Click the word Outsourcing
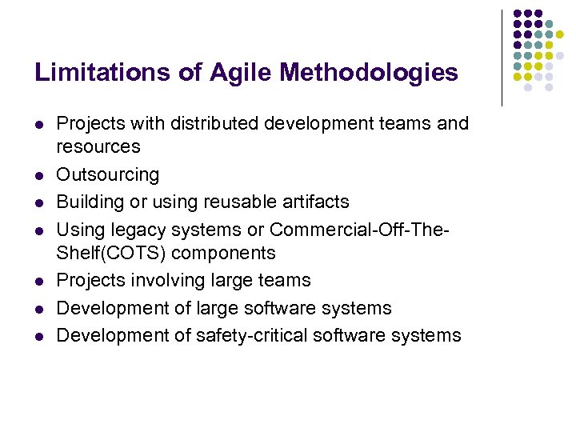point(107,175)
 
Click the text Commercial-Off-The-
point(360,230)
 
